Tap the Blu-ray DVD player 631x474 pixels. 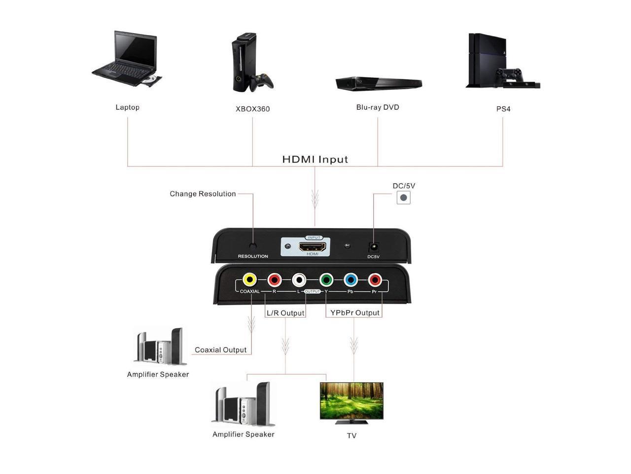click(x=379, y=83)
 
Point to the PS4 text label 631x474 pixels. click(x=503, y=109)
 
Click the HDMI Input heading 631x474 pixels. click(x=315, y=159)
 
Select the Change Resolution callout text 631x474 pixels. click(x=203, y=194)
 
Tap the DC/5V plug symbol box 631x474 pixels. click(x=404, y=197)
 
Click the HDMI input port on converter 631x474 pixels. click(x=313, y=246)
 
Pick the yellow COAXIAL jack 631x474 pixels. click(x=250, y=280)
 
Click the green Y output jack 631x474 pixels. click(x=326, y=280)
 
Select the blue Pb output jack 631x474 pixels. click(x=351, y=280)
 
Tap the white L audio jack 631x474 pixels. click(x=299, y=280)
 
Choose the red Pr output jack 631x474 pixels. click(x=375, y=280)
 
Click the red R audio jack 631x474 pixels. click(x=274, y=280)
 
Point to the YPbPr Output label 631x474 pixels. click(x=355, y=313)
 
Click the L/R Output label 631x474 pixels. click(x=285, y=313)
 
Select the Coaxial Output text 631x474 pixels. click(x=220, y=350)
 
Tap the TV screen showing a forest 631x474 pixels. click(x=351, y=400)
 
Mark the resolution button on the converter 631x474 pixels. click(x=253, y=246)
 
